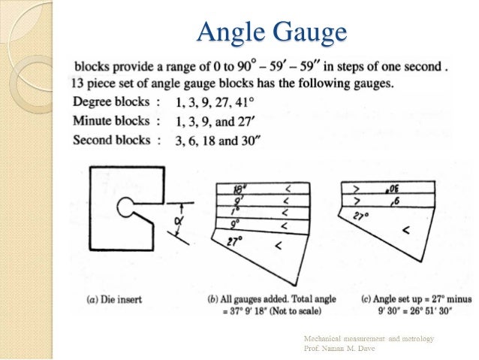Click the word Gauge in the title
308,33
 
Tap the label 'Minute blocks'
108,119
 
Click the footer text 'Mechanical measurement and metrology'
369,339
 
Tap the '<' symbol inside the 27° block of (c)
405,231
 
